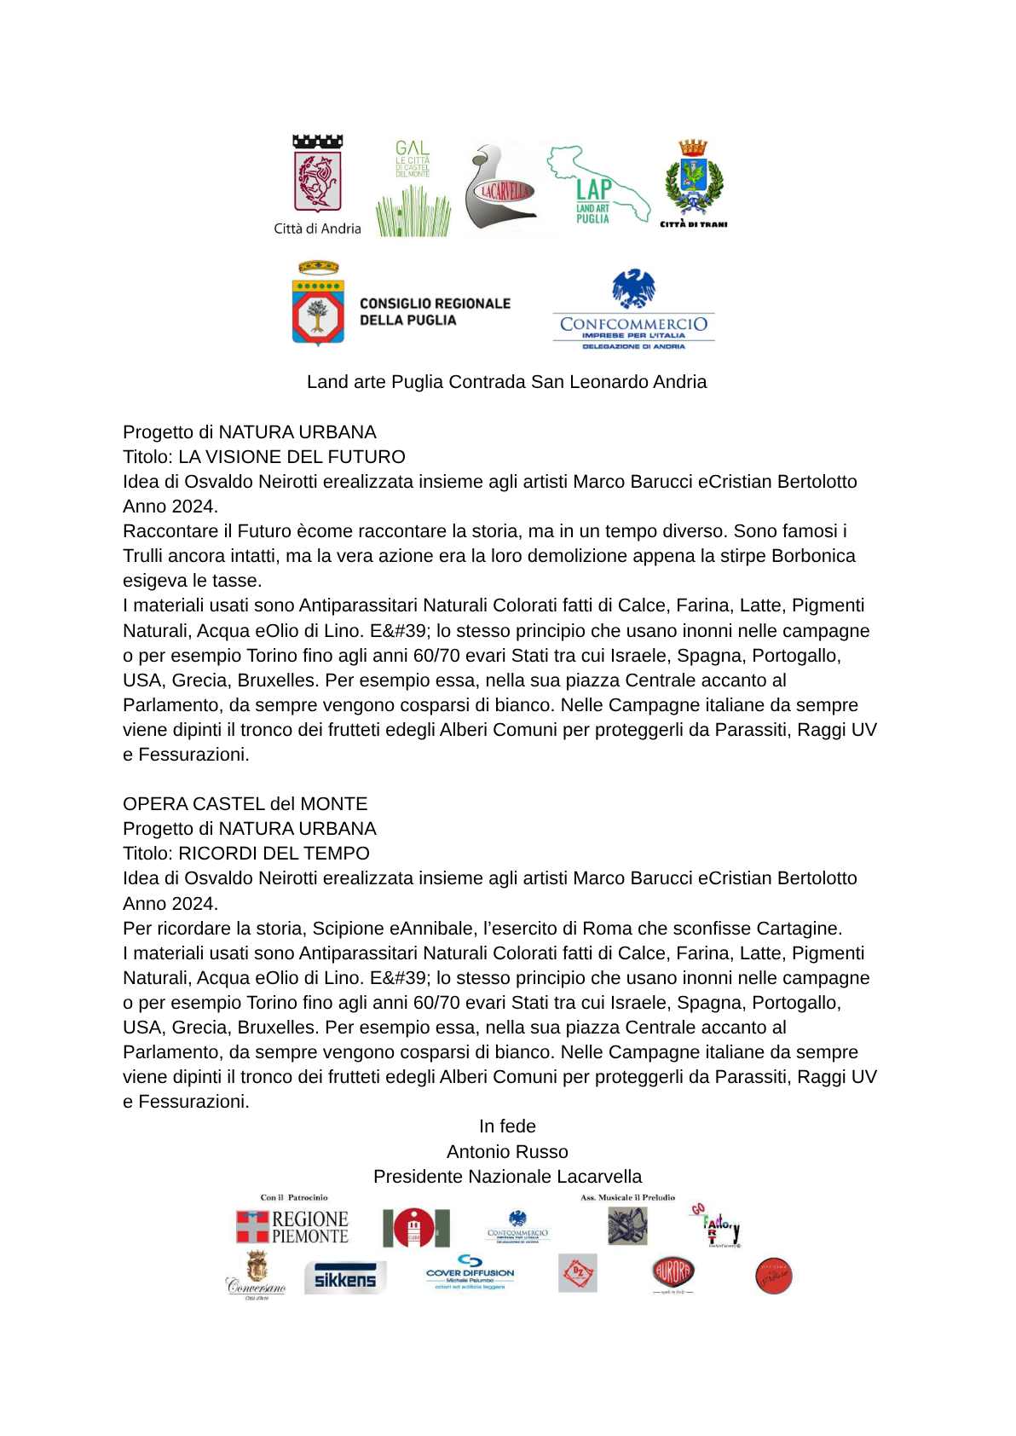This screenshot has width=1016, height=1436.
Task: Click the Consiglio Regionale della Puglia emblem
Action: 318,304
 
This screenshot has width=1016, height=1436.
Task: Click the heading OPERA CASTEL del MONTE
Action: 245,804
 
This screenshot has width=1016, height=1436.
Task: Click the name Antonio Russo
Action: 507,1152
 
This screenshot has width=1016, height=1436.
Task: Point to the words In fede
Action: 507,1126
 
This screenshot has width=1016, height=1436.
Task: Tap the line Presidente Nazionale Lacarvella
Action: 507,1177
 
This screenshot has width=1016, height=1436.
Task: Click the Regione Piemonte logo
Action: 292,1227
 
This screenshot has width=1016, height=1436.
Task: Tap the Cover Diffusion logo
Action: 470,1271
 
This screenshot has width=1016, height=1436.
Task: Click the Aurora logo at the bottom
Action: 673,1273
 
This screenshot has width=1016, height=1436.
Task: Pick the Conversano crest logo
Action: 256,1276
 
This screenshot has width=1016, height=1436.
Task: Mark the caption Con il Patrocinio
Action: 294,1198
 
